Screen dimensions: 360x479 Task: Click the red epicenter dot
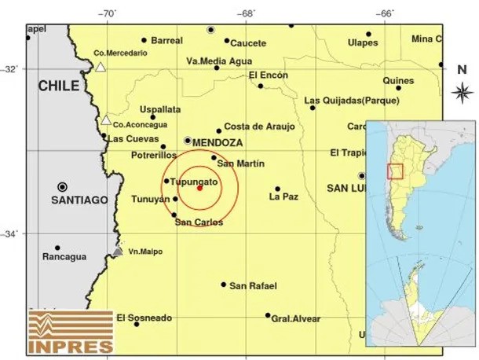point(199,188)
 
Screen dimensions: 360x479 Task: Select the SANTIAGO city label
point(79,200)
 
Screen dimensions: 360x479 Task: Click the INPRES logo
point(71,331)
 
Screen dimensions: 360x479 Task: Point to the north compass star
point(462,91)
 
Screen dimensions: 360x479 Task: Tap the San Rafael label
point(253,285)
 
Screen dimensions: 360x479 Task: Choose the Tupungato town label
point(194,181)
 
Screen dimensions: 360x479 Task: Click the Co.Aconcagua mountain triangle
point(105,120)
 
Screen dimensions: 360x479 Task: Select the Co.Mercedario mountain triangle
point(101,68)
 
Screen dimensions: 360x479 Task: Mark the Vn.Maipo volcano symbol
point(117,252)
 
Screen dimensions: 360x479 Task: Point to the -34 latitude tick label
point(13,233)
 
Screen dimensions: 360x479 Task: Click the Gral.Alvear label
point(295,318)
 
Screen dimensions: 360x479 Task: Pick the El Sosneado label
point(144,318)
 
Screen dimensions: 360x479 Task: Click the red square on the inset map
point(395,171)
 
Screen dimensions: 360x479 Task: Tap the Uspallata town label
point(160,109)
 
